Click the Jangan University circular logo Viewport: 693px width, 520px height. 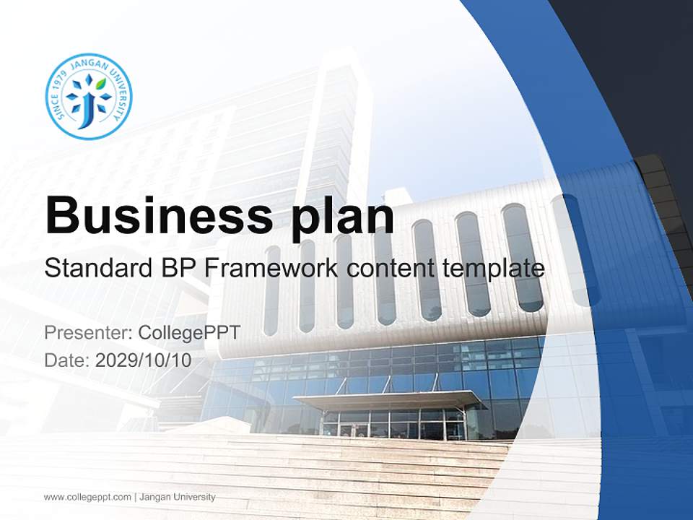point(88,96)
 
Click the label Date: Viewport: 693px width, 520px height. point(67,360)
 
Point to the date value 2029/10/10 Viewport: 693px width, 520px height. point(144,360)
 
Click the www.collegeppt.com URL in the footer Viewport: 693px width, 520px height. point(87,497)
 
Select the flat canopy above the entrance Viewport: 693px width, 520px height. point(390,399)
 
